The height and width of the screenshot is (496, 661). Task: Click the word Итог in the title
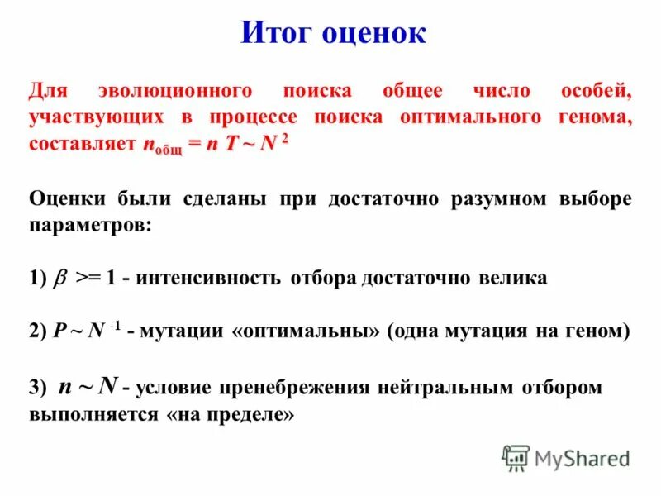pyautogui.click(x=278, y=33)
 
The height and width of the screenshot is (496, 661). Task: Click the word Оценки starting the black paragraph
pyautogui.click(x=70, y=199)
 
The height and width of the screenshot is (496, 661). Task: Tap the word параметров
pyautogui.click(x=90, y=225)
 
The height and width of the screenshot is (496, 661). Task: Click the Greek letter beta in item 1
pyautogui.click(x=60, y=279)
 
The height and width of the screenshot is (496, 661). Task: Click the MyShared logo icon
pyautogui.click(x=516, y=456)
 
